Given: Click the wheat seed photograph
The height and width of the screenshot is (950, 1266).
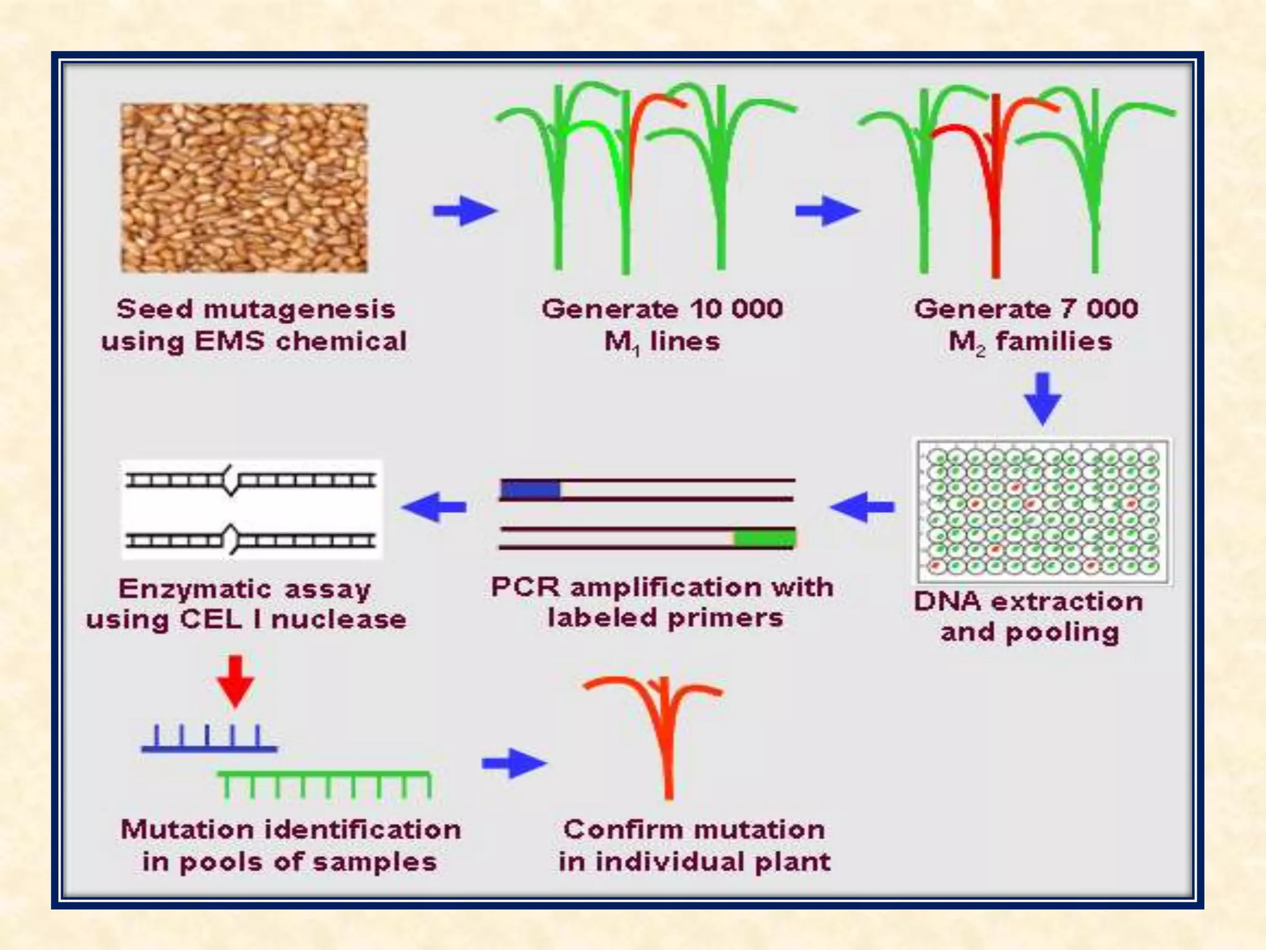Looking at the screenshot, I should coord(244,188).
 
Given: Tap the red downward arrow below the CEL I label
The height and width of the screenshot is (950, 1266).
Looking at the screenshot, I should coord(236,680).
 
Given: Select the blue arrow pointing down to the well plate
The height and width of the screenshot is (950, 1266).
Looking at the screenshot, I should coord(1043,398).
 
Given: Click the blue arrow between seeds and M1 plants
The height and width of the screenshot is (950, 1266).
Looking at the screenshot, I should coord(465,211).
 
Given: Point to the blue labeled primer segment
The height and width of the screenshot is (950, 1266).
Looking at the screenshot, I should coord(530,490).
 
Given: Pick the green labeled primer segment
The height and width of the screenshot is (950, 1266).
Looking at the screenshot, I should coord(764,538).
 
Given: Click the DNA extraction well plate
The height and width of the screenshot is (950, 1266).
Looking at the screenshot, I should coord(1043,511).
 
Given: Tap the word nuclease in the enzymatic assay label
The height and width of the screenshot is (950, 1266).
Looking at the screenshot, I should coord(339,620).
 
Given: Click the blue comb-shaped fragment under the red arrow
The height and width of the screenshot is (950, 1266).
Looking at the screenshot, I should coord(209,740).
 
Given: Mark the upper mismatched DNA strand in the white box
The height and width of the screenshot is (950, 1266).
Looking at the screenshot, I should coord(250,480).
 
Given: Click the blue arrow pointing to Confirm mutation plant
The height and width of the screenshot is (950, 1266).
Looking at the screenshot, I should coord(514,763).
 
